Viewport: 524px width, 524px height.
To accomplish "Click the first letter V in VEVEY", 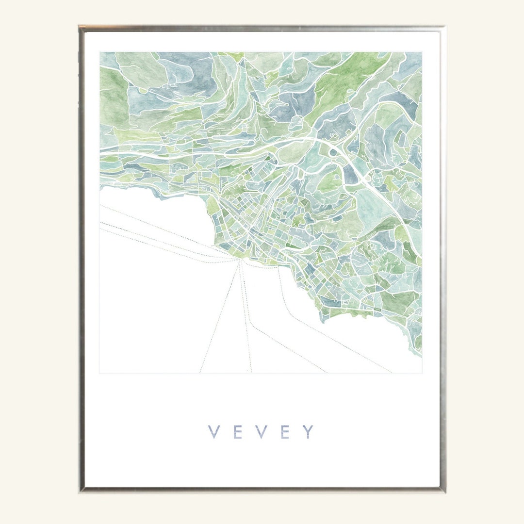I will [213, 432].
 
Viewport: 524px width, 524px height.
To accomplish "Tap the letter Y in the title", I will [309, 432].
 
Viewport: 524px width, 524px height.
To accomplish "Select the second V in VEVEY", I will [261, 432].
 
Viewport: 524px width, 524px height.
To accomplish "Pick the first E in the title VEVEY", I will [237, 432].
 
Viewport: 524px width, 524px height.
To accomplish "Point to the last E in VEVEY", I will [285, 432].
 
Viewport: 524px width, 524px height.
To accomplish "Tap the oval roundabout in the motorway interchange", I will [333, 152].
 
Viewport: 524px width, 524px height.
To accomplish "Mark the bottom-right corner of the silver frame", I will [444, 491].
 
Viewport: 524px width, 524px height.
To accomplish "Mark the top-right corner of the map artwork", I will [421, 52].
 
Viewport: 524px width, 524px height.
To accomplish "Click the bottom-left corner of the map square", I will [100, 373].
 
